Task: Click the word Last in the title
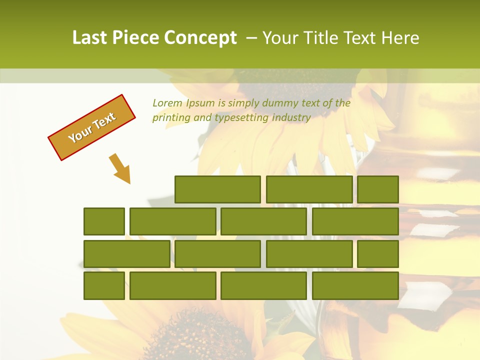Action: (90, 38)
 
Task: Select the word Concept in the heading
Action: (200, 38)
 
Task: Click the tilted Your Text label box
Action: (92, 127)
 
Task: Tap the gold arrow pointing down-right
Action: (120, 168)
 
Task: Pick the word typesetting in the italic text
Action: (241, 118)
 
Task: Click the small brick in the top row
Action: (378, 189)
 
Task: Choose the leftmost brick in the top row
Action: (217, 189)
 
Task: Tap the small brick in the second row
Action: (104, 221)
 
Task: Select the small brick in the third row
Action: (378, 253)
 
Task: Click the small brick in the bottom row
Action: (104, 285)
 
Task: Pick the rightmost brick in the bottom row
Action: (355, 285)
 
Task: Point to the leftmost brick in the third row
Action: (126, 253)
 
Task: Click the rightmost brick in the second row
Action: (355, 221)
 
